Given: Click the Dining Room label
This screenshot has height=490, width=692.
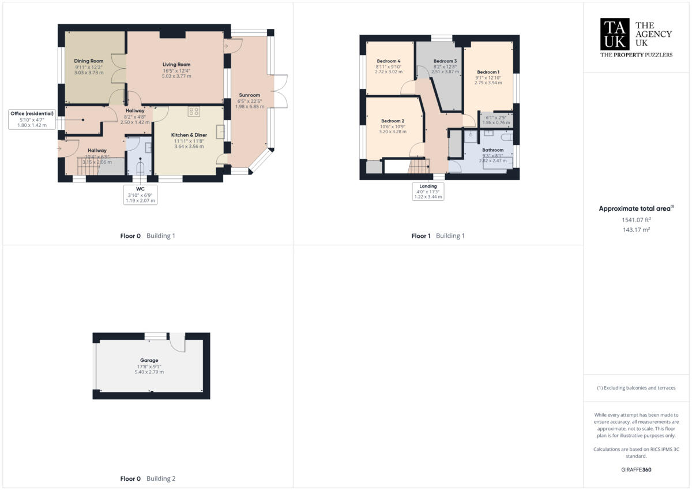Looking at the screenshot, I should [89, 61].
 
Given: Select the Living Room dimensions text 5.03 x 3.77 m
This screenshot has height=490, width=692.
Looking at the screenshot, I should [176, 76].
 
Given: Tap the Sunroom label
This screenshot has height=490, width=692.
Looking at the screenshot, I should [249, 95].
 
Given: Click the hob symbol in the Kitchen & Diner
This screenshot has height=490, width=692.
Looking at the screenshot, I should [194, 112].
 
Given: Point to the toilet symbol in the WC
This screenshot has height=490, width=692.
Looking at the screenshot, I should [140, 168].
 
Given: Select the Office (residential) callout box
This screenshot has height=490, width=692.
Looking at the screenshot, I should [32, 119].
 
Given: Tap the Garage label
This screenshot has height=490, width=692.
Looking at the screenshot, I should [149, 360].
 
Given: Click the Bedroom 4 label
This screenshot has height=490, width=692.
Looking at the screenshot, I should [389, 61].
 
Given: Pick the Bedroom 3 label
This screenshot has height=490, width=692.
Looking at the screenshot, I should [445, 61].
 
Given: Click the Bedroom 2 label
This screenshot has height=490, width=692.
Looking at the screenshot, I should [392, 121].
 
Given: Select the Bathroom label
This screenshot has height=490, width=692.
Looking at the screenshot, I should [493, 150].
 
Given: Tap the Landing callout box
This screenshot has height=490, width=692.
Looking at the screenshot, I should [428, 191].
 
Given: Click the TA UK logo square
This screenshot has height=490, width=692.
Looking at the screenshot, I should [615, 34].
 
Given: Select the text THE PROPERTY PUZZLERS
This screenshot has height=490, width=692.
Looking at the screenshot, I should [637, 55].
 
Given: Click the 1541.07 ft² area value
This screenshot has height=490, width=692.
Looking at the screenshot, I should [637, 220].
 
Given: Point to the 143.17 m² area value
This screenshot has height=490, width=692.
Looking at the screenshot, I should [637, 230].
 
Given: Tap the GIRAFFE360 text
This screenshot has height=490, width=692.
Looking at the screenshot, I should [637, 470].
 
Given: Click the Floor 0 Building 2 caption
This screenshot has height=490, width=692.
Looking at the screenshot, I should [148, 479].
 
